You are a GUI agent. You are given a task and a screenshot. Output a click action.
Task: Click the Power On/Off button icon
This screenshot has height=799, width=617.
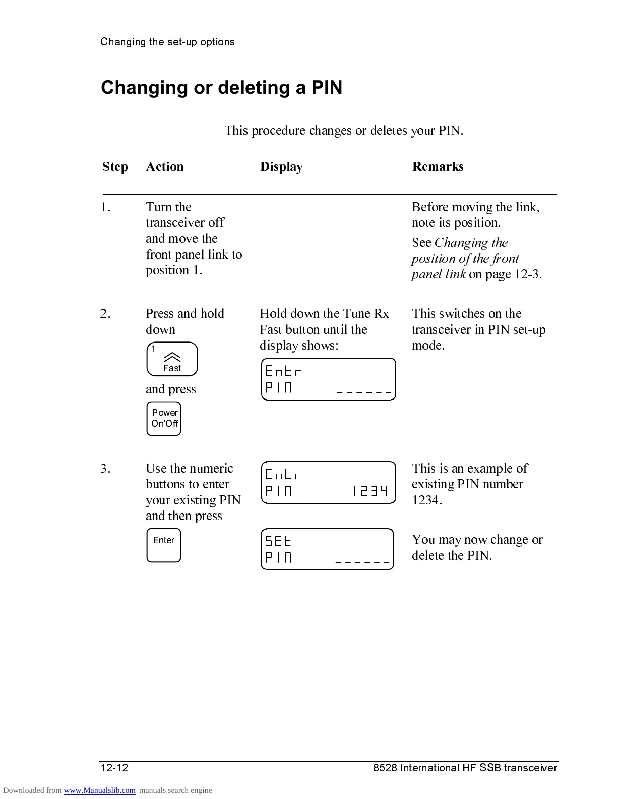click(164, 418)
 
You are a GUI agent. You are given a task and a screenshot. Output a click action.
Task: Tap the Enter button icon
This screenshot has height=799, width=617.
click(164, 545)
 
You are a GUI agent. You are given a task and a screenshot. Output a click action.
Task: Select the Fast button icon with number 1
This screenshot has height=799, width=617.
click(172, 359)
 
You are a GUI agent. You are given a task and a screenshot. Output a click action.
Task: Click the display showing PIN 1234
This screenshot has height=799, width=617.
click(328, 482)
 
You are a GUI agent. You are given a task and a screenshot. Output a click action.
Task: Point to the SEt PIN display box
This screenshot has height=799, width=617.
click(327, 549)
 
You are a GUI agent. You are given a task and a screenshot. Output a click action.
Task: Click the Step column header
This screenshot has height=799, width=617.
click(115, 167)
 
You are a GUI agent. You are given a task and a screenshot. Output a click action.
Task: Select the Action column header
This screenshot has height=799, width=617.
click(165, 167)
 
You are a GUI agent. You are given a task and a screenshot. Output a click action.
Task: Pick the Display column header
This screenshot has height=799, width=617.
click(281, 167)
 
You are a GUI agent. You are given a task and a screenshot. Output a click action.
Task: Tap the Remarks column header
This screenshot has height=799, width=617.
click(438, 167)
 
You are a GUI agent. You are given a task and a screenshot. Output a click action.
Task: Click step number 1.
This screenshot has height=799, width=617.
click(105, 207)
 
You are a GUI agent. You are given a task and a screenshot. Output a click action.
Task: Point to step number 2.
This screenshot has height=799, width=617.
click(105, 314)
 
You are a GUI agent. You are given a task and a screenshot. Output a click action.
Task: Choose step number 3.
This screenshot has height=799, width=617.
click(105, 469)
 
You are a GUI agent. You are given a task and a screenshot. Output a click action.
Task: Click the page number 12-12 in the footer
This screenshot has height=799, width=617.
click(114, 768)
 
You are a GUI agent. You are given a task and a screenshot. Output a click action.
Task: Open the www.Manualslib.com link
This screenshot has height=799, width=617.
click(99, 790)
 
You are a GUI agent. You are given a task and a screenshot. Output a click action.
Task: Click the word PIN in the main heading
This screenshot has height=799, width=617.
click(327, 88)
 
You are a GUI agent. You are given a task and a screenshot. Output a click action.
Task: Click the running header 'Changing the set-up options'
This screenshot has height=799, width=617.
click(167, 42)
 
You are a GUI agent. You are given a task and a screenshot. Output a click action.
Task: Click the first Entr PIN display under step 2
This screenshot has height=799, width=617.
click(328, 379)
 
